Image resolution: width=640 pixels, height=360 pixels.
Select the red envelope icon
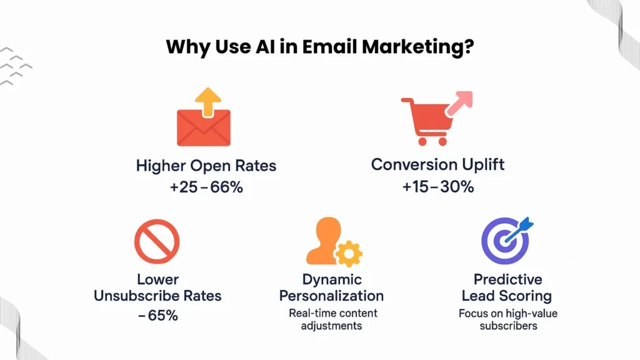point(204,127)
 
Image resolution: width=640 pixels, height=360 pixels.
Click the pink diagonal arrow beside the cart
point(461,102)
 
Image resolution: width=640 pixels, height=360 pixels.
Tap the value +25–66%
point(206,187)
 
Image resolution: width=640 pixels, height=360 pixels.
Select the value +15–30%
point(437,186)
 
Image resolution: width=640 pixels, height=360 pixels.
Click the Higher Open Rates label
point(206,166)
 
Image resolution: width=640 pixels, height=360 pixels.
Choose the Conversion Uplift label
point(437,165)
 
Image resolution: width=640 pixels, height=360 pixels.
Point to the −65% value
point(157,316)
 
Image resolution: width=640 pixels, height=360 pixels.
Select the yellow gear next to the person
point(348,252)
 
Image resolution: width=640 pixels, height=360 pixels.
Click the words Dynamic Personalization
point(332,287)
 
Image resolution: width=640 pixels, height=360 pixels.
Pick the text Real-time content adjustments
point(332,319)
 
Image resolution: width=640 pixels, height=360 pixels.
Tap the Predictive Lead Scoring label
point(507,287)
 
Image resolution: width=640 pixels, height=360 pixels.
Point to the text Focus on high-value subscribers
point(507,319)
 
